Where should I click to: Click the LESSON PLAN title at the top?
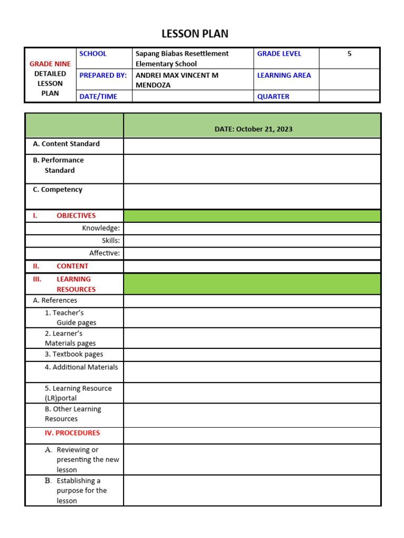(x=195, y=34)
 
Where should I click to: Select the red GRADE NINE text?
(x=50, y=64)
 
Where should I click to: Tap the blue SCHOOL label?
(x=93, y=54)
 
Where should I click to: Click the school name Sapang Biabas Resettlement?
(x=182, y=54)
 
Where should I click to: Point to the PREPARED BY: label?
(x=103, y=75)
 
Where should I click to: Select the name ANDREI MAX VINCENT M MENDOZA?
(x=177, y=80)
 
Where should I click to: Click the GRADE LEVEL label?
(x=279, y=54)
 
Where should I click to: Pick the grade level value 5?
(x=349, y=54)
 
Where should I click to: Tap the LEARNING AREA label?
(x=284, y=75)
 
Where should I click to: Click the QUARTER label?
(x=273, y=97)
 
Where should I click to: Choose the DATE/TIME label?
(x=98, y=97)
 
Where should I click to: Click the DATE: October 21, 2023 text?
(x=253, y=129)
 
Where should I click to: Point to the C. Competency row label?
(x=57, y=190)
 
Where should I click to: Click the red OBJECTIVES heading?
(x=76, y=215)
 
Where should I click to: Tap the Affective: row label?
(x=104, y=253)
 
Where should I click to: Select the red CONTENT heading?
(x=72, y=266)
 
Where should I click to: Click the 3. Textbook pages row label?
(x=74, y=355)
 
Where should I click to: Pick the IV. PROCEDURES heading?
(x=72, y=433)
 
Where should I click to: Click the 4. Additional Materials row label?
(x=81, y=367)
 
